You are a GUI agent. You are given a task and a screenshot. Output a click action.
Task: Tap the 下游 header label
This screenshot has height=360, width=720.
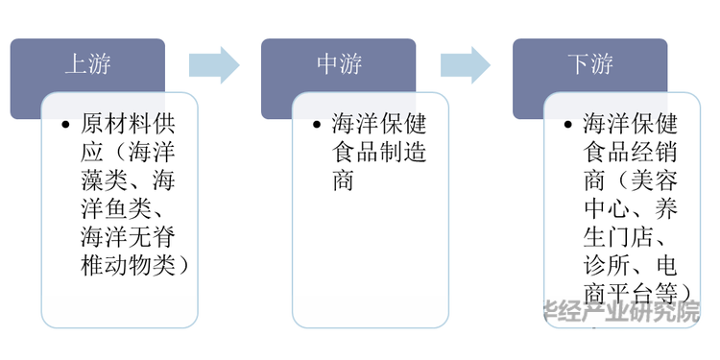(x=588, y=64)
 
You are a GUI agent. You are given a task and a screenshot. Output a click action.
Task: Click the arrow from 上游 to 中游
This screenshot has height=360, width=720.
(x=213, y=64)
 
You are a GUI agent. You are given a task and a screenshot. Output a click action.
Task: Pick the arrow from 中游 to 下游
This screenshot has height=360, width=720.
(x=466, y=64)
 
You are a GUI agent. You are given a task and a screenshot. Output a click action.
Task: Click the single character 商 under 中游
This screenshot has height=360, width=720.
(x=344, y=180)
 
